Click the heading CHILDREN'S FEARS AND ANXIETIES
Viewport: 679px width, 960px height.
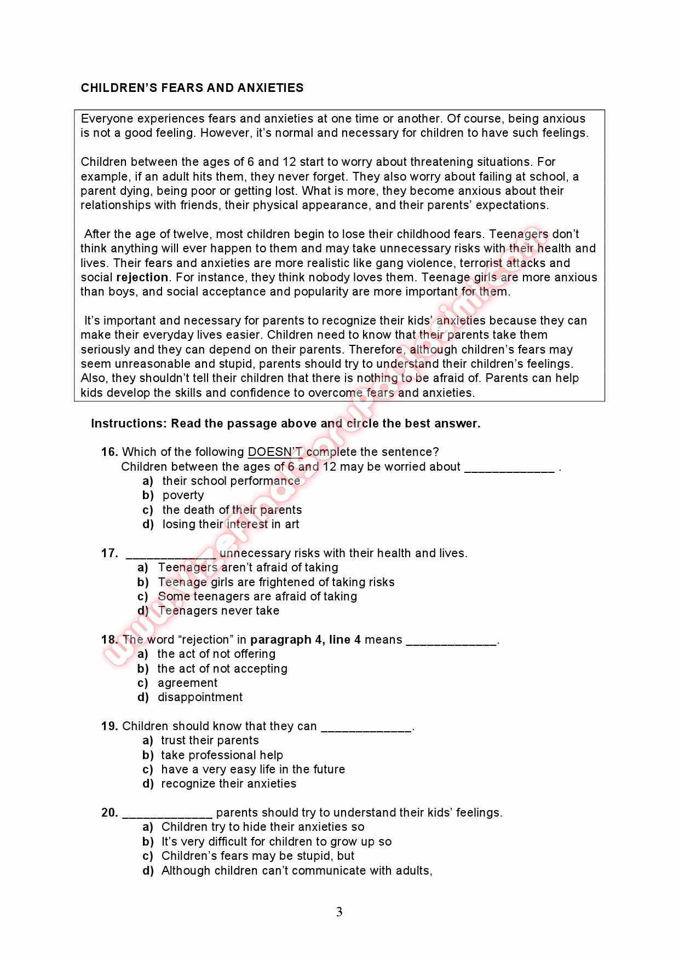[x=192, y=88]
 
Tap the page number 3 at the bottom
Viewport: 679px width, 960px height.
[x=339, y=912]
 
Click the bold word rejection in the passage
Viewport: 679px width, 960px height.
[x=142, y=277]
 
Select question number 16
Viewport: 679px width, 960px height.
[x=110, y=452]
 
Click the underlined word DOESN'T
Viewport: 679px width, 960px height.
[x=275, y=452]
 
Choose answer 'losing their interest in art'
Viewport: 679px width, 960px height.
[x=231, y=524]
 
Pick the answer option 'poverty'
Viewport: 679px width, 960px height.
[x=183, y=495]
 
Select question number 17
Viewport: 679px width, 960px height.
[x=110, y=553]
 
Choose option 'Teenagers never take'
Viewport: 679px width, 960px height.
[x=218, y=611]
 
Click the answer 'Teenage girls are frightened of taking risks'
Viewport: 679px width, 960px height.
[x=276, y=582]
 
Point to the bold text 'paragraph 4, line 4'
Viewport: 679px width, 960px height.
[x=306, y=640]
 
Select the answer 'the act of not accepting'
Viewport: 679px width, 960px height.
[x=222, y=669]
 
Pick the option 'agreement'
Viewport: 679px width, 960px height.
[x=187, y=683]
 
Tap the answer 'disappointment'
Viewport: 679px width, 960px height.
[x=200, y=697]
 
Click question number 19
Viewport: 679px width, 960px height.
[x=110, y=726]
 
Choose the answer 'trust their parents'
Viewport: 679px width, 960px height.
[x=210, y=741]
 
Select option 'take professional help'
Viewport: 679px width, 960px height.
[x=222, y=755]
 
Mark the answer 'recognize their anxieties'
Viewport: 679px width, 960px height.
[x=228, y=784]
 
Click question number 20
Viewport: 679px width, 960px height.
[x=110, y=813]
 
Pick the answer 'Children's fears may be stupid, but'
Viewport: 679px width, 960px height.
[x=258, y=856]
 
